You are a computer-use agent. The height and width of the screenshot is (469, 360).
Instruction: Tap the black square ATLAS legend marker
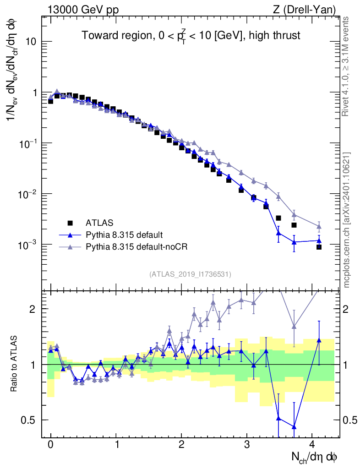[70, 223]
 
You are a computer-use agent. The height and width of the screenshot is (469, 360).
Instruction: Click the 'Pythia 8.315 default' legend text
[124, 235]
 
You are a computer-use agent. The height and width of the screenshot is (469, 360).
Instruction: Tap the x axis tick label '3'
[247, 446]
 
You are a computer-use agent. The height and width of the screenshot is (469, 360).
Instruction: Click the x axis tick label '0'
[50, 446]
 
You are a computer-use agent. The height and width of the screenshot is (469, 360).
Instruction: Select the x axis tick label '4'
[312, 446]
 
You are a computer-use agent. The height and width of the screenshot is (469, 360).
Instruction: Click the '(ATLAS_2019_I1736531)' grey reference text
[190, 274]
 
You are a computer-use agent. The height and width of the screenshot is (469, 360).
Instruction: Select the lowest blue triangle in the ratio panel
[294, 427]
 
